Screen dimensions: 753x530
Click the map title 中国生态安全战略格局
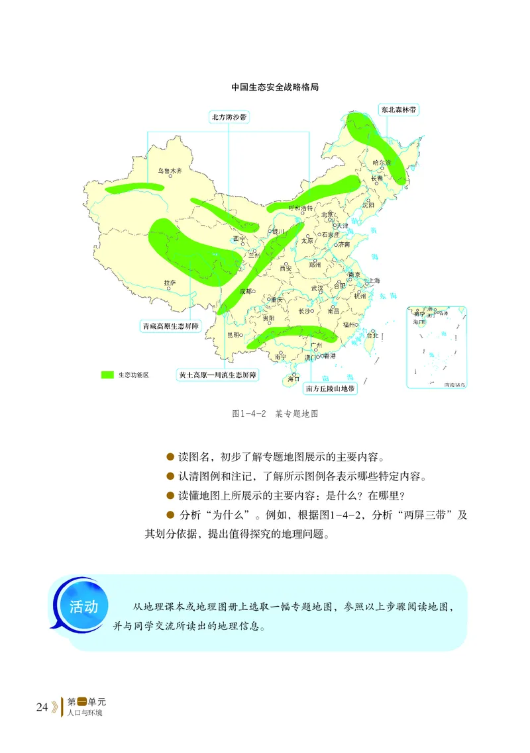275,87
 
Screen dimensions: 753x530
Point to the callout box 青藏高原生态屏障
171,326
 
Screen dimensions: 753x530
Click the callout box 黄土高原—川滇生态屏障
218,375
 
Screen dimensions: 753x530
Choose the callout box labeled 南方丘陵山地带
331,389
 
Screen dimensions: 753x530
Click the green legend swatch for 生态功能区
108,375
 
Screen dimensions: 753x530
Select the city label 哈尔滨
382,162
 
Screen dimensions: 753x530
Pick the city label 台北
372,335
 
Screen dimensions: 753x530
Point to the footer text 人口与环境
87,715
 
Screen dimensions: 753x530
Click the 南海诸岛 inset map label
454,384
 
